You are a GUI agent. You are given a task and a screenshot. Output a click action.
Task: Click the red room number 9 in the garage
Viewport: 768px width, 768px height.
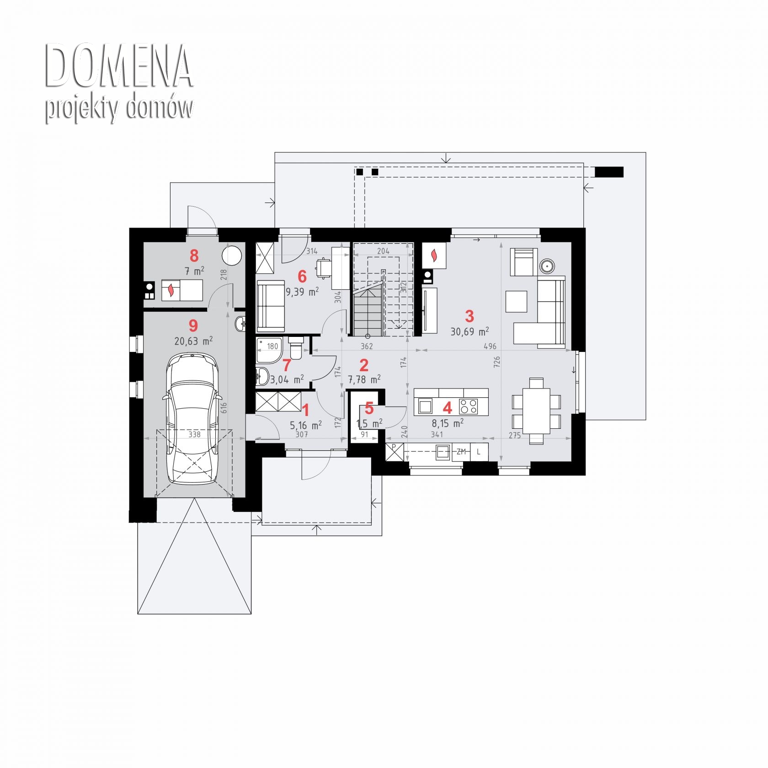(x=193, y=325)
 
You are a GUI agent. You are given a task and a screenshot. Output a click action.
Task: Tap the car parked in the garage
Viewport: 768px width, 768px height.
(x=192, y=418)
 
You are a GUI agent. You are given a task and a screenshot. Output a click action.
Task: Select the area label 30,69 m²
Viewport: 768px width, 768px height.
(x=469, y=331)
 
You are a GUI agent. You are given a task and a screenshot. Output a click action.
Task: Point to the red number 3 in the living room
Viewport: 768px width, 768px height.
(x=469, y=316)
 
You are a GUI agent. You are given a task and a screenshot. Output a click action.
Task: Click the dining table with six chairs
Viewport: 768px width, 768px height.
(x=536, y=411)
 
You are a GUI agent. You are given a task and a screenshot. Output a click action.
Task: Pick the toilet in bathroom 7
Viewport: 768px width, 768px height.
(x=296, y=348)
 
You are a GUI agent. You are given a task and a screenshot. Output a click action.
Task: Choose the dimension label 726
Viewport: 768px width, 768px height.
(x=497, y=362)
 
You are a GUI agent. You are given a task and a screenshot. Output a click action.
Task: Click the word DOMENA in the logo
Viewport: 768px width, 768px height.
(x=119, y=67)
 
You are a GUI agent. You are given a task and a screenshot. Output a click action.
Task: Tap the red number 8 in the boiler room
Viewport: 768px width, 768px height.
(x=194, y=256)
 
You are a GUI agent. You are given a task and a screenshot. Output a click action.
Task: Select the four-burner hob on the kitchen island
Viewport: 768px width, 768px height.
(x=468, y=406)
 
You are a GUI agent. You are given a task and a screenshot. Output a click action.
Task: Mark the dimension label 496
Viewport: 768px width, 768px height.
(x=490, y=347)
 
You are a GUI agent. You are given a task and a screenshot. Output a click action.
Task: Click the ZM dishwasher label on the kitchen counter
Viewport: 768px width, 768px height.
(x=461, y=452)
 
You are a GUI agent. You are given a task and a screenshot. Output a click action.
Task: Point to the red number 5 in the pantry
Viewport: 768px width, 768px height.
(x=369, y=408)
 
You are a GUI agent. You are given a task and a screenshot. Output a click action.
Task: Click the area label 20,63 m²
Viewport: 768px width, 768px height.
(x=193, y=341)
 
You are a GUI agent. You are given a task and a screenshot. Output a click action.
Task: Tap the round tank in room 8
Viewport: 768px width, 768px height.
(x=233, y=255)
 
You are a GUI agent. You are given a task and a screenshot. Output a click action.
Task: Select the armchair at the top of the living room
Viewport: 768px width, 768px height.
(x=524, y=261)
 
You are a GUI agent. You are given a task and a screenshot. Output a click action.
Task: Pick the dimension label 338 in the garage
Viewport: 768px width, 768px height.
(x=194, y=434)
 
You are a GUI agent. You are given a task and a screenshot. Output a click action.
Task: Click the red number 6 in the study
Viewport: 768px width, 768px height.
(x=302, y=276)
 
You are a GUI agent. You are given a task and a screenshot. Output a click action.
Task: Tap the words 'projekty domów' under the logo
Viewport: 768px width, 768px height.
(x=119, y=109)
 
